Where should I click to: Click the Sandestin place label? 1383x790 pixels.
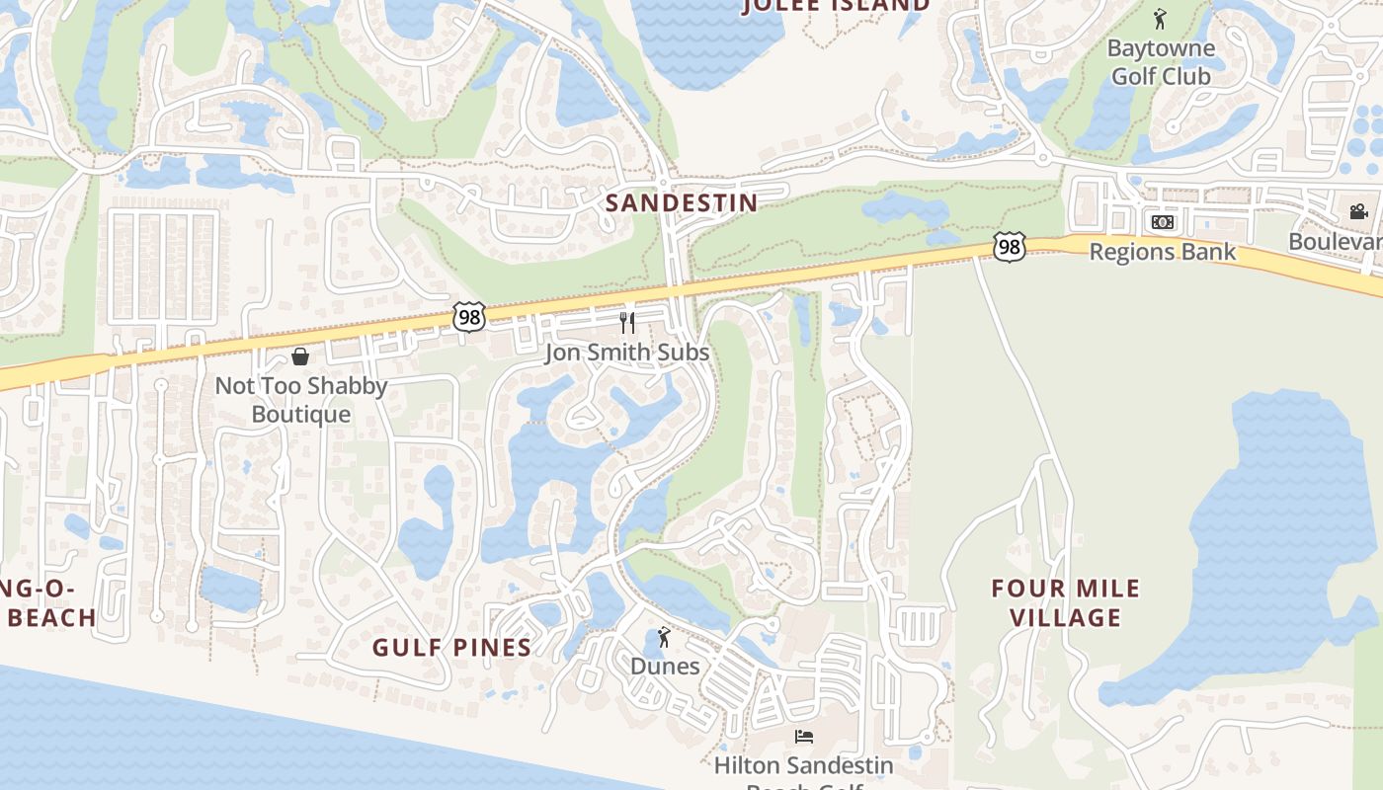coord(681,202)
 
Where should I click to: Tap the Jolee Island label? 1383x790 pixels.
coord(836,5)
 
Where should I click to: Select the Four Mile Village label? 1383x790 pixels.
coord(1065,602)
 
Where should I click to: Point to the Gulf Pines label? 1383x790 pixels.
coord(451,647)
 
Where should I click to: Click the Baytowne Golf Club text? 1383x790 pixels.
coord(1160,61)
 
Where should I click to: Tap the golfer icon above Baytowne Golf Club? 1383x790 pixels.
coord(1160,19)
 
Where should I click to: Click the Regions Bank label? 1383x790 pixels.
coord(1162,251)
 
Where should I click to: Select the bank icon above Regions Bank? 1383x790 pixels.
coord(1162,222)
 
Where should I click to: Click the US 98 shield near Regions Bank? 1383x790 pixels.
coord(1009,246)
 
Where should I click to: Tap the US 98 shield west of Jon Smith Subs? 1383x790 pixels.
coord(469,317)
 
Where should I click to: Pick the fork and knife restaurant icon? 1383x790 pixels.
coord(626,322)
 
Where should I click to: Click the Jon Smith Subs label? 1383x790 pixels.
coord(626,353)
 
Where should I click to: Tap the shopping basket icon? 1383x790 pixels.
coord(300,355)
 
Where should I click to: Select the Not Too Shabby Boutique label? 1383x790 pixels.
coord(300,399)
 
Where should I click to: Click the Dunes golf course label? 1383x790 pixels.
coord(665,666)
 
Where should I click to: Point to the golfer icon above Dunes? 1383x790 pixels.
coord(664,637)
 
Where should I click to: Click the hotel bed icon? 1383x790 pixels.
coord(804,737)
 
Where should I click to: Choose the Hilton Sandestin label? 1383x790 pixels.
coord(803,765)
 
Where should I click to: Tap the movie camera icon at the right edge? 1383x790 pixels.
coord(1358,211)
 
